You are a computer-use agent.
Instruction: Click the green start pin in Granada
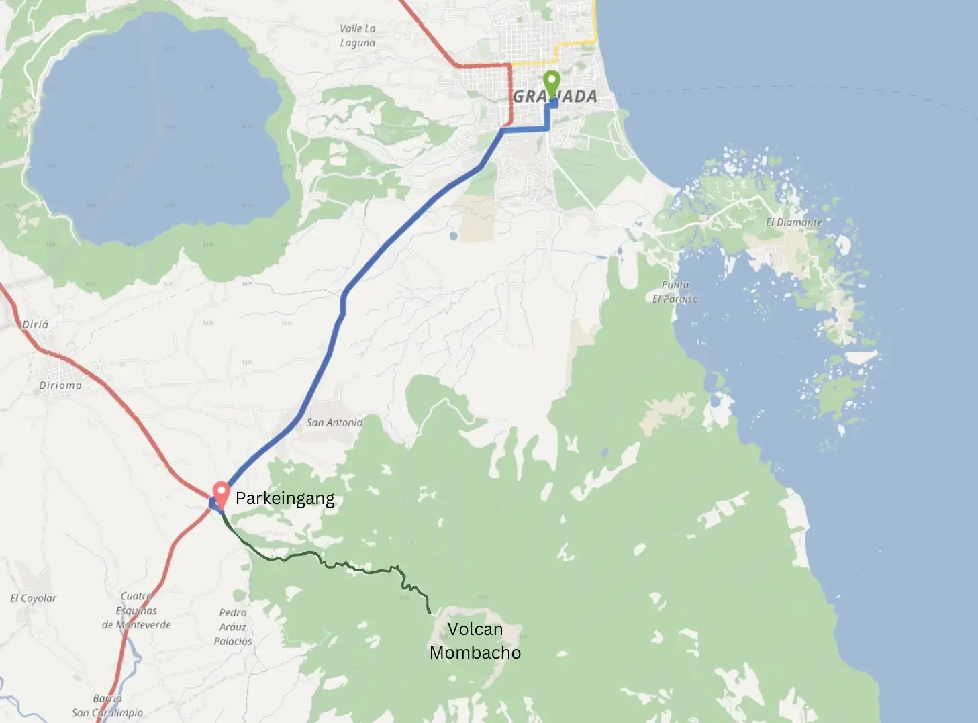[x=551, y=84]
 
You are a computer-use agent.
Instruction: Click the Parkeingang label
[x=285, y=499]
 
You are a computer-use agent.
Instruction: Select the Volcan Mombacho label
[x=475, y=640]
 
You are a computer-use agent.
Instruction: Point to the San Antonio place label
[x=334, y=422]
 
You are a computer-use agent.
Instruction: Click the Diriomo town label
[x=60, y=385]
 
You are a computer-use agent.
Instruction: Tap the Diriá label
[x=35, y=324]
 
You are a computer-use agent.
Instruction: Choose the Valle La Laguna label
[x=357, y=36]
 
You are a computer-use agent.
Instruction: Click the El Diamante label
[x=793, y=222]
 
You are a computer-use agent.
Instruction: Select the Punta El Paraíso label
[x=675, y=292]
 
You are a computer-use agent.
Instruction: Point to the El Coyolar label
[x=33, y=598]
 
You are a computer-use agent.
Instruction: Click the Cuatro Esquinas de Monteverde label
[x=136, y=610]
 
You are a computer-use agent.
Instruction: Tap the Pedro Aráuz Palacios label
[x=233, y=627]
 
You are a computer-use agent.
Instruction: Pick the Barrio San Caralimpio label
[x=107, y=706]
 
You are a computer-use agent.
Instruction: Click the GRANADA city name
[x=555, y=97]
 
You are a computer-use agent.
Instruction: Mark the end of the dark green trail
[x=430, y=612]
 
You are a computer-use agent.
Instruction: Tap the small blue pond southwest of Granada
[x=454, y=236]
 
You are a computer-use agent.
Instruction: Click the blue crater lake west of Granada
[x=154, y=128]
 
